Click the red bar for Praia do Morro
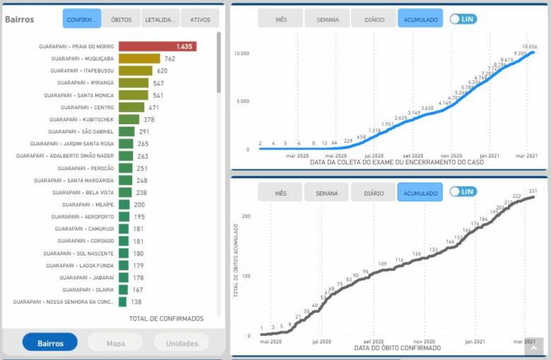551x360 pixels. (157, 47)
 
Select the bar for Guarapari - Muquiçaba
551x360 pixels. (139, 59)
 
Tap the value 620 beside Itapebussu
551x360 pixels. (162, 71)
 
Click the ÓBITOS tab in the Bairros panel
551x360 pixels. (121, 19)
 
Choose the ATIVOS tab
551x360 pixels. (200, 19)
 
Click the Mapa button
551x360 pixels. (115, 343)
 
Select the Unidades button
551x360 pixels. (182, 343)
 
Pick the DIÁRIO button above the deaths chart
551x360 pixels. (373, 193)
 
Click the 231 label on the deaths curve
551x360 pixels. (533, 191)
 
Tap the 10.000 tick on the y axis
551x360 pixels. (242, 54)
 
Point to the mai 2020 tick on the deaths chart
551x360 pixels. (270, 341)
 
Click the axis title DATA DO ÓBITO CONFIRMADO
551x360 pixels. (398, 348)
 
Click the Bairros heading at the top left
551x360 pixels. (19, 19)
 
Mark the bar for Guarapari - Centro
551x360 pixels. (131, 107)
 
